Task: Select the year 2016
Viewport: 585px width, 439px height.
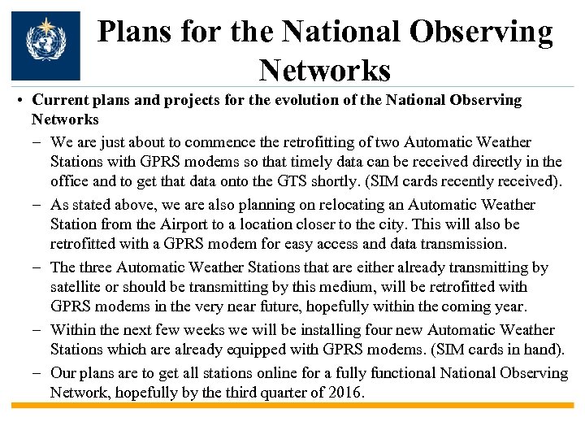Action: (346, 393)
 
